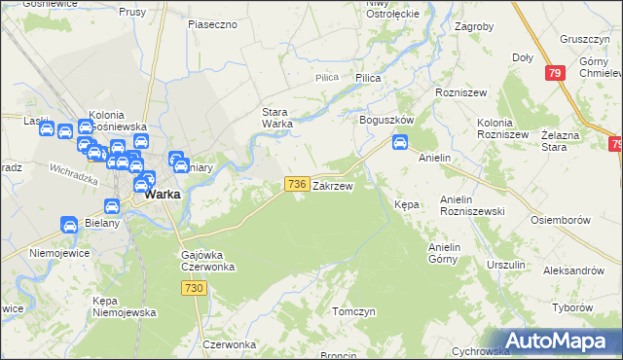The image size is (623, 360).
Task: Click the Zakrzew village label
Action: click(x=333, y=185)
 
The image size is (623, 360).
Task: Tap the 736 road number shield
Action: click(x=298, y=184)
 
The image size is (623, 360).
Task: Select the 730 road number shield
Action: click(x=195, y=288)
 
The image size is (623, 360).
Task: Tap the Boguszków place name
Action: click(x=386, y=120)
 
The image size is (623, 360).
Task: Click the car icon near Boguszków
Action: click(x=399, y=143)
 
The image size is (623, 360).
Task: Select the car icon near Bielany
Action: click(x=70, y=225)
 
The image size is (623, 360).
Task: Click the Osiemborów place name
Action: click(x=562, y=220)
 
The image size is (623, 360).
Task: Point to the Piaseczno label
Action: click(x=213, y=23)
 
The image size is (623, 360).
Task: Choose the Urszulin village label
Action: click(x=506, y=265)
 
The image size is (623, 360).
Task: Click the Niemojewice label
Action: click(x=59, y=253)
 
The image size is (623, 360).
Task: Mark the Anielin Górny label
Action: click(x=450, y=253)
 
